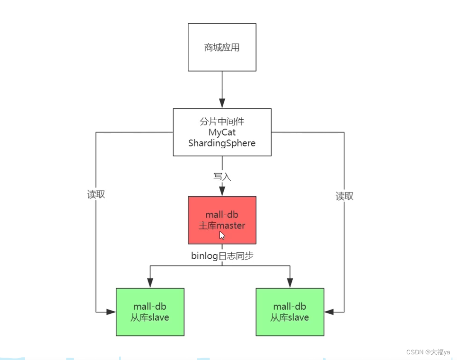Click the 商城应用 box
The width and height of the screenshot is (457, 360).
pyautogui.click(x=222, y=47)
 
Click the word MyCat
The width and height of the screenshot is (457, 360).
pyautogui.click(x=222, y=132)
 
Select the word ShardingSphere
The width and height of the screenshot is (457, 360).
pyautogui.click(x=222, y=143)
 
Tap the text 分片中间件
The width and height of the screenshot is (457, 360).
pyautogui.click(x=222, y=122)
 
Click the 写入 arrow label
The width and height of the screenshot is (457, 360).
pyautogui.click(x=222, y=176)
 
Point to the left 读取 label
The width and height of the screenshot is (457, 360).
pyautogui.click(x=96, y=194)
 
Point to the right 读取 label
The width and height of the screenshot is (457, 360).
pyautogui.click(x=344, y=196)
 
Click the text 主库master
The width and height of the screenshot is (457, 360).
pyautogui.click(x=222, y=226)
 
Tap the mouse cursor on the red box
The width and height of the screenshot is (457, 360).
pyautogui.click(x=222, y=235)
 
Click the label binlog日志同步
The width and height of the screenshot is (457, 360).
pyautogui.click(x=222, y=256)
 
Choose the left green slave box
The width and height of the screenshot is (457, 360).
pyautogui.click(x=150, y=312)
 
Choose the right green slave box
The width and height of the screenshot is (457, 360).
pyautogui.click(x=290, y=312)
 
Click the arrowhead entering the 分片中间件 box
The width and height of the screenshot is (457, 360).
pyautogui.click(x=222, y=104)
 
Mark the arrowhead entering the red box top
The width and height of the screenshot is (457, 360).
pyautogui.click(x=222, y=192)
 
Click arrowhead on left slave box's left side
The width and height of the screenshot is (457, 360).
pyautogui.click(x=111, y=312)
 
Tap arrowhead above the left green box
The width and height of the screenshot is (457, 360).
pyautogui.click(x=150, y=283)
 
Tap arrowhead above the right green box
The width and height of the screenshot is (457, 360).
pyautogui.click(x=290, y=283)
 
